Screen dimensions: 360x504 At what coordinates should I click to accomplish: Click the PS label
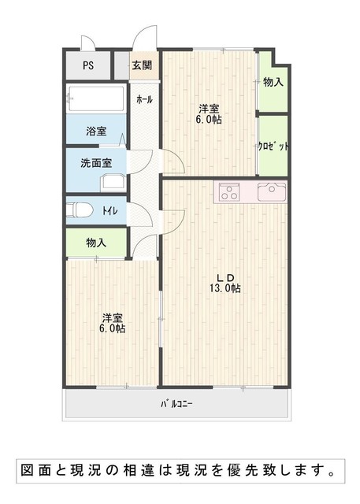click(88, 65)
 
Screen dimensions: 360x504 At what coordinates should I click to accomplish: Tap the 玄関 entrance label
click(142, 65)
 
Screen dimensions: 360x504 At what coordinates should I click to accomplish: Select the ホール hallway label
click(144, 100)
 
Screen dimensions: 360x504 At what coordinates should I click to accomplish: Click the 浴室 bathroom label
click(96, 132)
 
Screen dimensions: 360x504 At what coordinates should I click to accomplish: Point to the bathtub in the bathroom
click(96, 98)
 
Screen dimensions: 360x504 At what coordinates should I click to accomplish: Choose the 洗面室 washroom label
click(96, 163)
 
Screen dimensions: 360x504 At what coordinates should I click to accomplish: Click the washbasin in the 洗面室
click(113, 183)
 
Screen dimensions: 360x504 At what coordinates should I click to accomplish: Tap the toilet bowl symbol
click(80, 210)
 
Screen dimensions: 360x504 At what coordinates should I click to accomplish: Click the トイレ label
click(110, 211)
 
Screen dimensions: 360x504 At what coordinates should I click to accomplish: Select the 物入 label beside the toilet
click(96, 243)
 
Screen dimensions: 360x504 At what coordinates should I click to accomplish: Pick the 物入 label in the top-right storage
click(273, 82)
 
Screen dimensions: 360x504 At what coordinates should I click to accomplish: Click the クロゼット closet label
click(273, 146)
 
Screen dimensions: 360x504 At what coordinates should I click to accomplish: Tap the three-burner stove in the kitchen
click(229, 192)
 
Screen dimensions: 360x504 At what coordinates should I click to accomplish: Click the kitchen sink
click(272, 192)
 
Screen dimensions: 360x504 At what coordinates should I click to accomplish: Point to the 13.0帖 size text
click(225, 288)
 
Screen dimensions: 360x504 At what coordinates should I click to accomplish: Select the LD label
click(226, 278)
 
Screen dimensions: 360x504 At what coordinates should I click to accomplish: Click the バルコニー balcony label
click(176, 404)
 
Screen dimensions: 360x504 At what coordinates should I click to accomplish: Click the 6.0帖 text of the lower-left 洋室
click(112, 329)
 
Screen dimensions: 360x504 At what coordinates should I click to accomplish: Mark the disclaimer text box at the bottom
click(180, 471)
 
